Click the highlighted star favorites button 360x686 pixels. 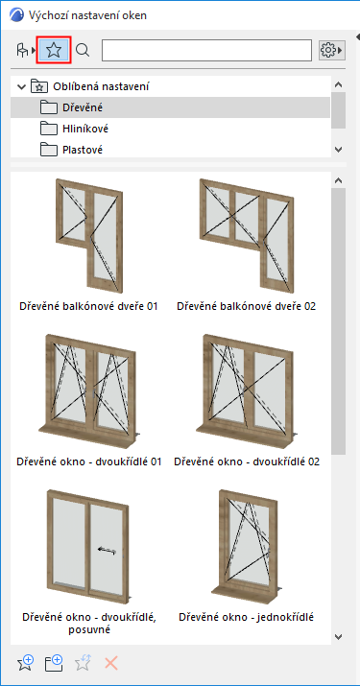[x=54, y=50]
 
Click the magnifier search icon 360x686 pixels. [x=83, y=50]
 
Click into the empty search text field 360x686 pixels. [x=206, y=50]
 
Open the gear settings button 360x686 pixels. [x=331, y=50]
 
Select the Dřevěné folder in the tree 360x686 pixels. [x=77, y=107]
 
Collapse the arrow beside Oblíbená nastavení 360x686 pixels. [x=20, y=86]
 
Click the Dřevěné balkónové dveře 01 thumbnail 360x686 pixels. [x=89, y=235]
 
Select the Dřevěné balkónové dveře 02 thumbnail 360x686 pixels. [x=246, y=235]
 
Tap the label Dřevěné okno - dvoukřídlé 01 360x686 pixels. [x=89, y=461]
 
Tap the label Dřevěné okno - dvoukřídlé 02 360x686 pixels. [x=247, y=461]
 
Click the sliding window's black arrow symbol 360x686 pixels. [x=108, y=551]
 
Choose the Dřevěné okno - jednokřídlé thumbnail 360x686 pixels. [x=247, y=547]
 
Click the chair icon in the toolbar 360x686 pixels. [x=22, y=50]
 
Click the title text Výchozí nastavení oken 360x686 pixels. [x=87, y=15]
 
